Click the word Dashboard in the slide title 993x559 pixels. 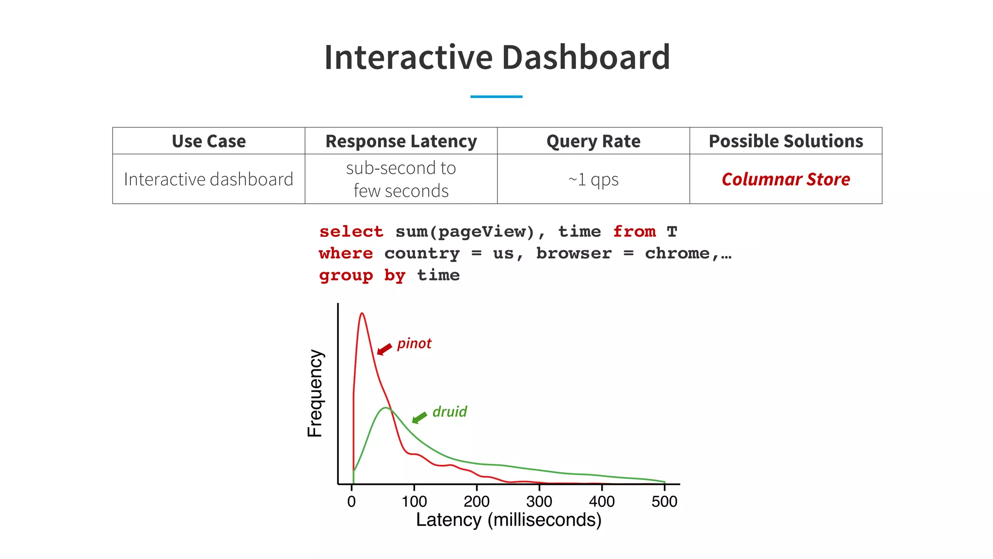586,57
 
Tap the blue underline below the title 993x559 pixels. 496,97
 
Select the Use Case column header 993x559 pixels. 208,141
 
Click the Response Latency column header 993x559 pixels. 401,141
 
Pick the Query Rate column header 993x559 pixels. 593,141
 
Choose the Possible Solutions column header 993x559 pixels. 785,141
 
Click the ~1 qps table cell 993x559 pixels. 593,180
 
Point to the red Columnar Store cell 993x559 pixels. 785,180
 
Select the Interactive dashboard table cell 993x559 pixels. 208,180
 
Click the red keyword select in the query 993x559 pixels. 351,231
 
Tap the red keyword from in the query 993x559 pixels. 634,231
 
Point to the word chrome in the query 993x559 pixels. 677,253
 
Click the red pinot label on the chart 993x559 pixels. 414,344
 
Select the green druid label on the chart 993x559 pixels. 449,412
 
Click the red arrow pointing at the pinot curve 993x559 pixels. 384,349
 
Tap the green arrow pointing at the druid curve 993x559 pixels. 419,417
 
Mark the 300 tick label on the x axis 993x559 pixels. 539,501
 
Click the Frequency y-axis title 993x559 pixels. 315,393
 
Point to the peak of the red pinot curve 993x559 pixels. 362,313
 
